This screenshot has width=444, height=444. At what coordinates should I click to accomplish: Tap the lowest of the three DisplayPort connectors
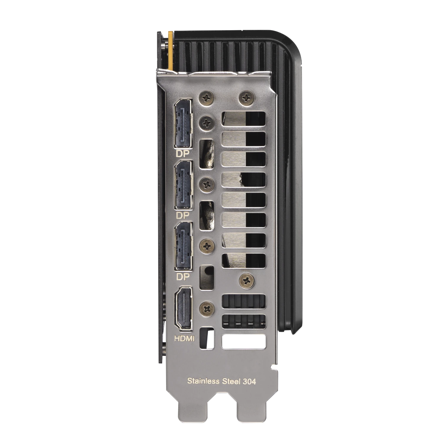184,246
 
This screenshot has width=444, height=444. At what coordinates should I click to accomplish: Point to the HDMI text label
184,338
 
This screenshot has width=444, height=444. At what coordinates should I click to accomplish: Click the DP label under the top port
182,153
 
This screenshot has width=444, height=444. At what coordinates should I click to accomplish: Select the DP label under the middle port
182,215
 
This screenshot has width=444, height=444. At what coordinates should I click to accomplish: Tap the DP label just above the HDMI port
182,276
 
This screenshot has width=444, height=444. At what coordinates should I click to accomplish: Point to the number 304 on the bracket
249,381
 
